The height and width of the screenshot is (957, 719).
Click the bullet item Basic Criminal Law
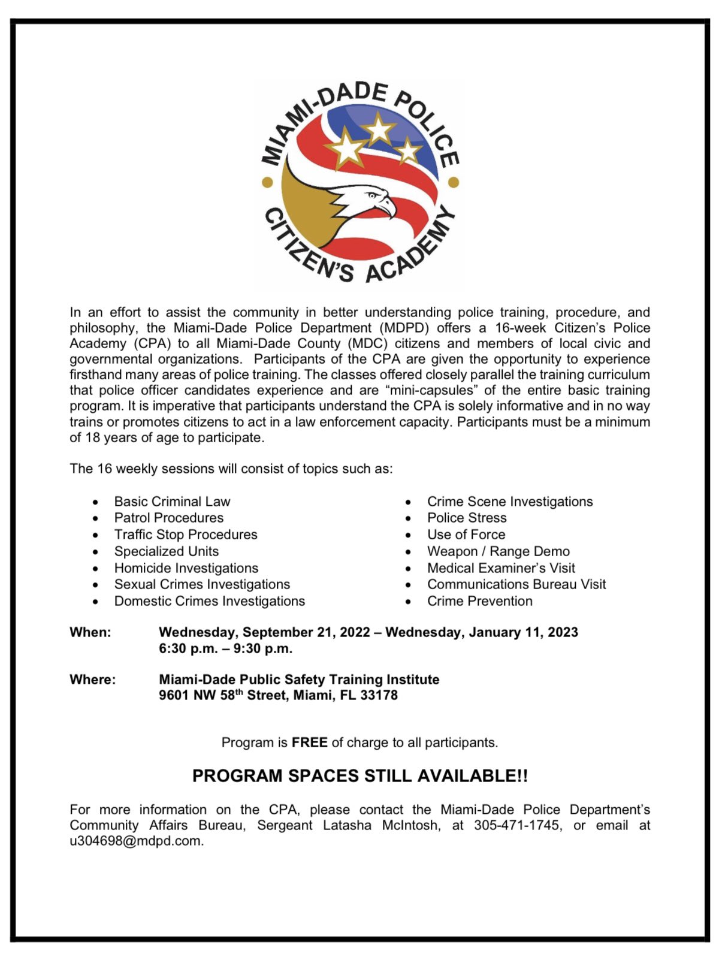pos(172,502)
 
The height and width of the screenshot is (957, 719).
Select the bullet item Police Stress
pos(467,518)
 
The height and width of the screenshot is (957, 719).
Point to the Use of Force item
pos(466,535)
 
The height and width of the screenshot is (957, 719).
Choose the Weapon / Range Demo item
pos(498,551)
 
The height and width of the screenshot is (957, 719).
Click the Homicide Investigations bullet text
pos(186,568)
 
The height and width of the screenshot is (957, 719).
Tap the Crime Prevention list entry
pos(479,601)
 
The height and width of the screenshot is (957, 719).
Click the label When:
pos(90,632)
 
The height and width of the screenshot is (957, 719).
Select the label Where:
pos(92,680)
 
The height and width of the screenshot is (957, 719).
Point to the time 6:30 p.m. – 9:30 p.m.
pos(225,648)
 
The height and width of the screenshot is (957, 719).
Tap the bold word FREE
pos(309,742)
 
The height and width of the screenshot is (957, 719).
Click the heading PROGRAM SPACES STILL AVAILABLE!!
pos(359,776)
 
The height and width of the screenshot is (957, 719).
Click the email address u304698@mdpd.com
pos(136,841)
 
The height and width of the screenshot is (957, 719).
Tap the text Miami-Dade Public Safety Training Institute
pos(299,680)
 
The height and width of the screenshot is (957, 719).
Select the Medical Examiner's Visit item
pos(501,568)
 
